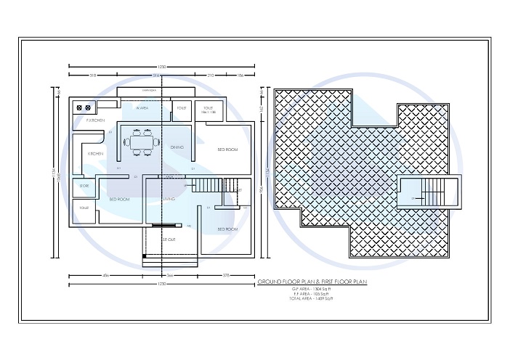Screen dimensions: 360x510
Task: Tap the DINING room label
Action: pos(177,147)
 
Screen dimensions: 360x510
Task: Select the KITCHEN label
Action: pos(95,154)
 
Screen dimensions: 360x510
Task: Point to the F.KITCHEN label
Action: pos(95,120)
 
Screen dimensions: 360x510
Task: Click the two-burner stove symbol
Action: pos(84,107)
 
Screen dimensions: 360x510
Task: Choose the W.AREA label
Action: pos(142,107)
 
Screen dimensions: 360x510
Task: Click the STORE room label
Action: pos(84,186)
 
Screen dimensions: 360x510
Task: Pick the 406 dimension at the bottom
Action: pos(105,276)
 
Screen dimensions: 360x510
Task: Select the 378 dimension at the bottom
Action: pos(226,276)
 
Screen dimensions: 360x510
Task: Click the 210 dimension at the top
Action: pos(210,75)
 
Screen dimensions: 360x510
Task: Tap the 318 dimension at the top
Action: pos(93,75)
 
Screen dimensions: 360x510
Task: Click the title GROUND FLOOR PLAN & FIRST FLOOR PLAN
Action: pos(312,280)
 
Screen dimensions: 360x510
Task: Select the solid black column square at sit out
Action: pos(145,255)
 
